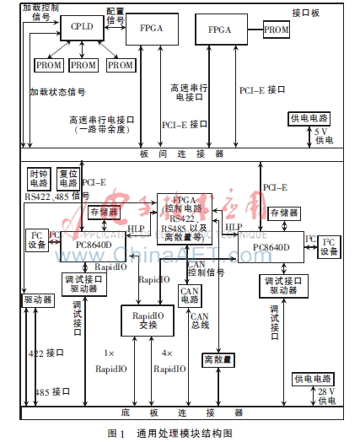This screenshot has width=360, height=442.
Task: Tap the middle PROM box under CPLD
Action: pos(83,64)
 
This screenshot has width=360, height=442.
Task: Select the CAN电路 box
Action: pos(191,295)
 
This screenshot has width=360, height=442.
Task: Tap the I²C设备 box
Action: pos(328,247)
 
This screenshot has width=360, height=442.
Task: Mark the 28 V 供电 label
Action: pos(325,396)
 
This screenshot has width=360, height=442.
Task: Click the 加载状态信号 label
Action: pos(56,91)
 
